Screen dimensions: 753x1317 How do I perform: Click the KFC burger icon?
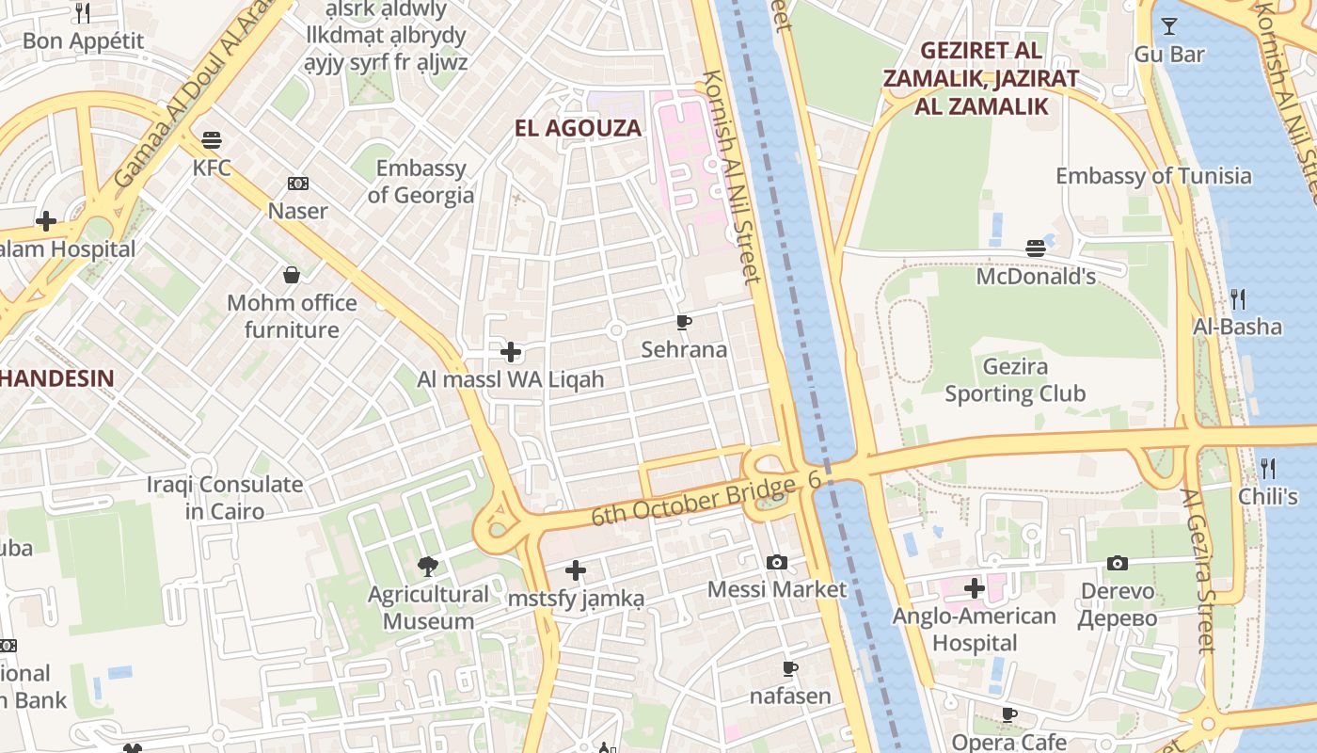point(212,141)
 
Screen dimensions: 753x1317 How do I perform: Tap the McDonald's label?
point(1036,277)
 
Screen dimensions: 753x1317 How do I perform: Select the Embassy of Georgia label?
point(420,182)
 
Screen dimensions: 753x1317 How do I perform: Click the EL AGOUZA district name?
point(578,128)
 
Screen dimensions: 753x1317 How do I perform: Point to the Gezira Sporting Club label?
point(1015,380)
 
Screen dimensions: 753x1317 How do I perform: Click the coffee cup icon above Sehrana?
point(684,323)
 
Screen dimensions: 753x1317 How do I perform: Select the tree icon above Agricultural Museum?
point(428,566)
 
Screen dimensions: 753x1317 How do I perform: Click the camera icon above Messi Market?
point(777,562)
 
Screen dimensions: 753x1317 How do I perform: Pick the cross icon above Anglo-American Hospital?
point(975,588)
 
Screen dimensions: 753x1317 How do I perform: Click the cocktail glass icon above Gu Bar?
point(1169,26)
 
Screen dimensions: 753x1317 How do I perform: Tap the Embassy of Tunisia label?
point(1153,176)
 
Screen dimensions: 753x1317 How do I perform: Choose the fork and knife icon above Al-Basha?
point(1238,299)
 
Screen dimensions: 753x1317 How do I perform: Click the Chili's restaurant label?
point(1267,496)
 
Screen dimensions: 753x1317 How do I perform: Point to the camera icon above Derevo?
point(1118,563)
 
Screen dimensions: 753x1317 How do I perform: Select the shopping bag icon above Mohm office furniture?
point(292,275)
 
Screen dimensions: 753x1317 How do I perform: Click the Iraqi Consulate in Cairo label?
point(225,498)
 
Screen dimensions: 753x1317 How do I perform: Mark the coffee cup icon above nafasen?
point(790,668)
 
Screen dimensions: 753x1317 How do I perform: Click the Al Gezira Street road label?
point(1198,570)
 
